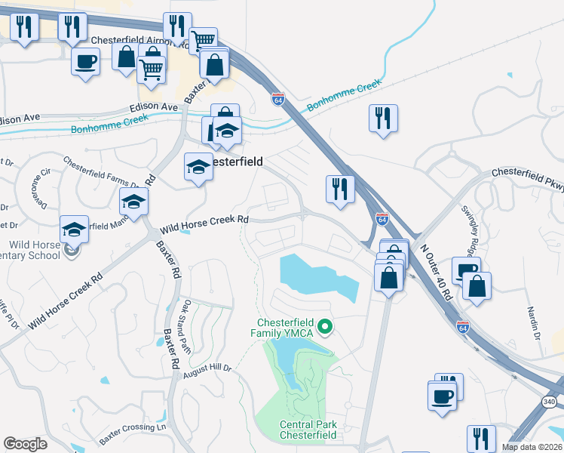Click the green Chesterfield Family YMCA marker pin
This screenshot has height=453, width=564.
click(x=326, y=327)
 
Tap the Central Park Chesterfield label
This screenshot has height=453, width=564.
click(x=307, y=430)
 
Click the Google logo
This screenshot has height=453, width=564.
click(x=25, y=444)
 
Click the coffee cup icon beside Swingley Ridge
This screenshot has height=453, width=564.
click(x=466, y=270)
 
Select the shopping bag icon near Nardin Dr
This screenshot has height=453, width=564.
click(x=477, y=286)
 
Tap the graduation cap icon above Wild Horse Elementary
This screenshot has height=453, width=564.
click(x=75, y=229)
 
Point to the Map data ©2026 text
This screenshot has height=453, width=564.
click(x=532, y=447)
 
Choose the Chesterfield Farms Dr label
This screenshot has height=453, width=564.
click(x=102, y=173)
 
